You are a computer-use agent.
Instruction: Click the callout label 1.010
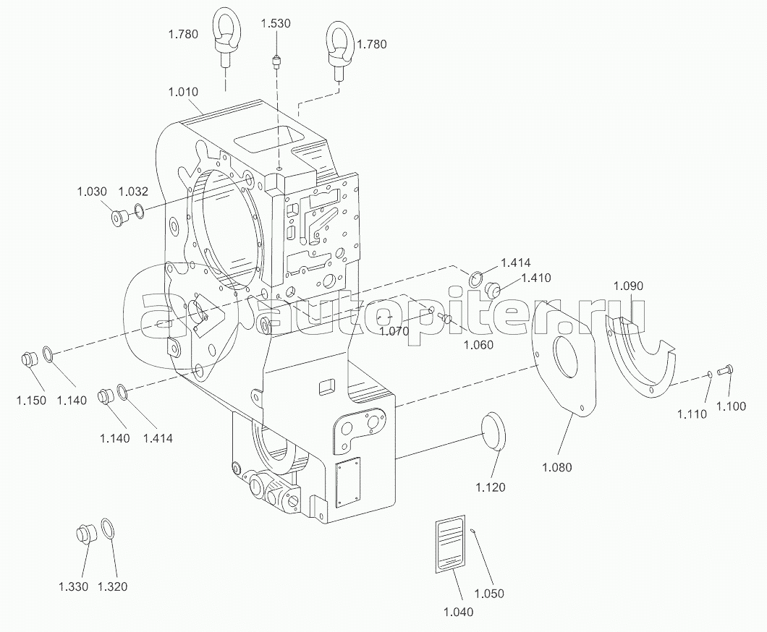click(x=183, y=92)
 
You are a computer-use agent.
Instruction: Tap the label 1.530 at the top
click(x=276, y=23)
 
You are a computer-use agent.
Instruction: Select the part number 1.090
click(x=628, y=286)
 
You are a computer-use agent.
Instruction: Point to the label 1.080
click(x=556, y=467)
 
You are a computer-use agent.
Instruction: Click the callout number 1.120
click(x=490, y=487)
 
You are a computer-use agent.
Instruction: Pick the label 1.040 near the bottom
click(x=458, y=612)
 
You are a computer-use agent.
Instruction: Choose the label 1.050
click(x=489, y=594)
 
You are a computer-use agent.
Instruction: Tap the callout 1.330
click(x=73, y=586)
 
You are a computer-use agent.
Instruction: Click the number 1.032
click(x=133, y=191)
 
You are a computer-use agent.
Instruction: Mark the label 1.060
click(x=478, y=345)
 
